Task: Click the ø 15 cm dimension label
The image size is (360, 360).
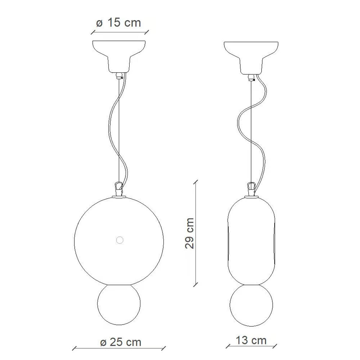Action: tap(118, 23)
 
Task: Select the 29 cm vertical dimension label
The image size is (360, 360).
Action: tap(189, 233)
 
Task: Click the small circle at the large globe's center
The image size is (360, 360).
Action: tap(120, 240)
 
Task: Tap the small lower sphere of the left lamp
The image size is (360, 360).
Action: tap(119, 304)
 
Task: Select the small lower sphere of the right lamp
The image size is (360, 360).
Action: tap(251, 305)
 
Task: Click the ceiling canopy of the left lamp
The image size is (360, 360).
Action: tap(119, 56)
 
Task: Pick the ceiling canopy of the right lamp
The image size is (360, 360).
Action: tap(251, 58)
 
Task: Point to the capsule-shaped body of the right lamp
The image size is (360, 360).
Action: tap(251, 241)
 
